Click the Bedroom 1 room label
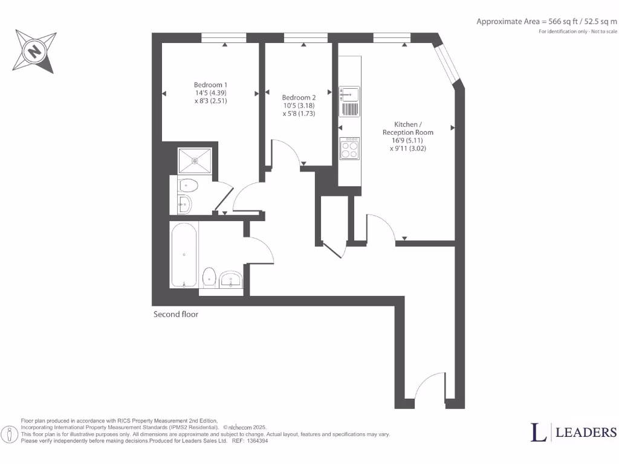[x=210, y=84]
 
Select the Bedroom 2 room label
[x=299, y=97]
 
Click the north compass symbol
[x=35, y=51]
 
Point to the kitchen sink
[x=349, y=94]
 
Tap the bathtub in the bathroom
[x=184, y=255]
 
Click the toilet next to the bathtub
[x=209, y=276]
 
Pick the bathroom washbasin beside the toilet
[x=232, y=279]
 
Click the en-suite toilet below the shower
[x=187, y=186]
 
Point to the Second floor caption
[x=176, y=314]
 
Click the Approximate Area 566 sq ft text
[x=546, y=21]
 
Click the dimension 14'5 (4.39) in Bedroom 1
[x=210, y=93]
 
